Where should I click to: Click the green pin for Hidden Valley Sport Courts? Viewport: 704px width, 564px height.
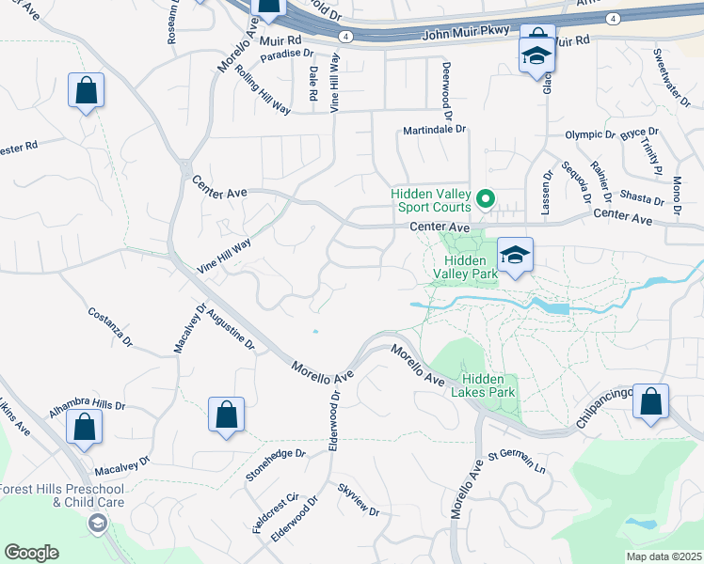pos(486,198)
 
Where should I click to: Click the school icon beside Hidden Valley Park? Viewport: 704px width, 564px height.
pos(515,255)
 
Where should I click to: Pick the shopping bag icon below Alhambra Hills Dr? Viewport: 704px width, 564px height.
pos(85,427)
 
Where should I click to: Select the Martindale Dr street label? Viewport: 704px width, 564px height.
pos(435,130)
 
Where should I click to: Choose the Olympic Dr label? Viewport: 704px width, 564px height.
pos(589,134)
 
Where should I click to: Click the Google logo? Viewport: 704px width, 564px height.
pos(31,553)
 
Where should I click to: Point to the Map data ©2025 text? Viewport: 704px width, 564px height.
pos(663,556)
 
